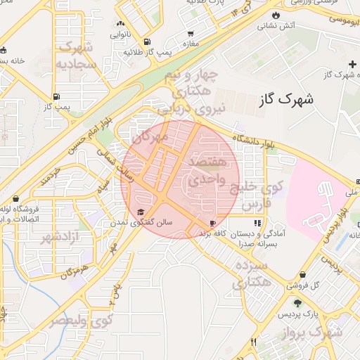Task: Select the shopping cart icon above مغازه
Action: coord(191,33)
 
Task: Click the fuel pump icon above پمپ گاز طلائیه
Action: coord(146,42)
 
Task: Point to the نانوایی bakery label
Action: coord(119,34)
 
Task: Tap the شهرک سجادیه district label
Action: coord(76,56)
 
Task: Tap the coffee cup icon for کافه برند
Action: coord(212,223)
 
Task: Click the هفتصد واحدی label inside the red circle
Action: coord(208,171)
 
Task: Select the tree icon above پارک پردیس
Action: coord(297,303)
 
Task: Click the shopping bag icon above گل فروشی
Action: coord(302,274)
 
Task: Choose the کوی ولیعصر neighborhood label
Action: coord(78,320)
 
